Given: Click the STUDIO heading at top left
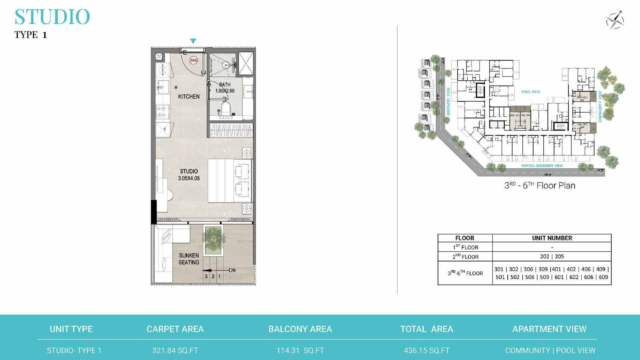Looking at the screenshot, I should tap(52, 17).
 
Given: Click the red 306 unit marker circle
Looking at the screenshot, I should tap(193, 60).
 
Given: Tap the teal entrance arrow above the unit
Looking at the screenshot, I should tap(193, 41).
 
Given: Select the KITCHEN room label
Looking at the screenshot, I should tap(189, 96).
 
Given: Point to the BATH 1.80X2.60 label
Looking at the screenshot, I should tap(225, 88).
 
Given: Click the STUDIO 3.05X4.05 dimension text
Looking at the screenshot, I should tap(189, 175).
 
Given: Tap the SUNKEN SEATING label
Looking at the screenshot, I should tap(189, 259).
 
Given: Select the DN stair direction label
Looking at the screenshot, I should tap(232, 270).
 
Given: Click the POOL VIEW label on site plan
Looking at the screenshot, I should tap(530, 92).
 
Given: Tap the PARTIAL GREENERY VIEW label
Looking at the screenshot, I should tap(542, 166).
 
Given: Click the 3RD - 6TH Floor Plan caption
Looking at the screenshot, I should tap(540, 186).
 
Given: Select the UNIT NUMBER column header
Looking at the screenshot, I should tap(552, 238).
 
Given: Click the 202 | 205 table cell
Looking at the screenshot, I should tap(552, 257).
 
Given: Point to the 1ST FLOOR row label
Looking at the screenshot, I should tap(465, 247).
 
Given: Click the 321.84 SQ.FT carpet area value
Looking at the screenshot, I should tap(175, 350).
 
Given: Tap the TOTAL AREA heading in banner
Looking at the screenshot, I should tap(427, 329).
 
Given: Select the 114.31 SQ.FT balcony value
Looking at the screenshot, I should tap(300, 350).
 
